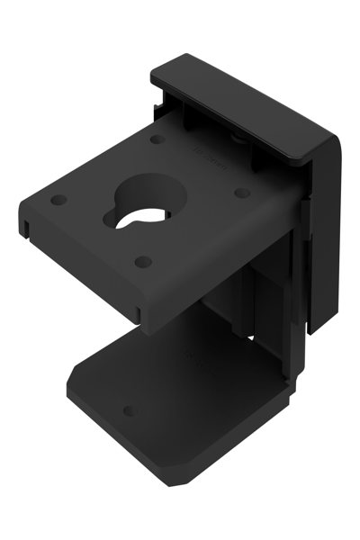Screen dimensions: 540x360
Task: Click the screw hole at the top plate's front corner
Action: point(142,262)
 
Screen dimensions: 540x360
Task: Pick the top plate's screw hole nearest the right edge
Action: point(240,192)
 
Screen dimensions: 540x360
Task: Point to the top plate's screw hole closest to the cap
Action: point(157,140)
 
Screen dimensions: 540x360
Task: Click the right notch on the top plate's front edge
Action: point(144,313)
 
